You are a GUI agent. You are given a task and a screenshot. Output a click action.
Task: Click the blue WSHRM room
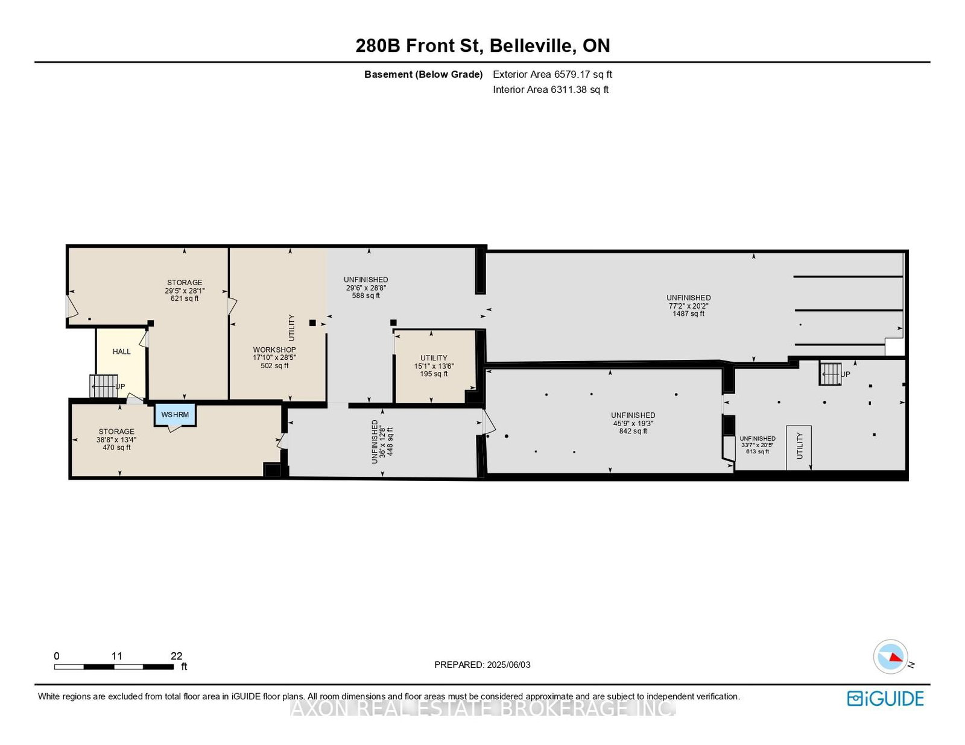(x=175, y=415)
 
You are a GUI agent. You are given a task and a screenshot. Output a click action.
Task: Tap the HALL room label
(x=122, y=351)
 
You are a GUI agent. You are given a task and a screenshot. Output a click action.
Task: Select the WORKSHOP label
(x=274, y=350)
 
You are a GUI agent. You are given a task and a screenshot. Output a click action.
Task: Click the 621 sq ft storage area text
(x=185, y=298)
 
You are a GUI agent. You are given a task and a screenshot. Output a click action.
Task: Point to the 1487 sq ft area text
(x=688, y=313)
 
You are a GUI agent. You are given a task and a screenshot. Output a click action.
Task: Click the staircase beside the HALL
(x=104, y=386)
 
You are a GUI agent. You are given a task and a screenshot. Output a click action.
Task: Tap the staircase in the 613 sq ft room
(x=831, y=374)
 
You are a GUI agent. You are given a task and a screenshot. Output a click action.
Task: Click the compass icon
(x=890, y=656)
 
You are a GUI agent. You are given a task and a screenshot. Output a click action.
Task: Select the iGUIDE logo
(x=885, y=699)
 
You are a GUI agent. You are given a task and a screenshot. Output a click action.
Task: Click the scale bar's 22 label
(x=176, y=656)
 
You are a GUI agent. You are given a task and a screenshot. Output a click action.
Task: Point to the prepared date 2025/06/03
(x=508, y=665)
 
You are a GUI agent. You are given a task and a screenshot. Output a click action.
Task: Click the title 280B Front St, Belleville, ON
(x=482, y=46)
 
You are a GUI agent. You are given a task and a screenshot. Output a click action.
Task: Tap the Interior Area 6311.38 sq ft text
(x=551, y=90)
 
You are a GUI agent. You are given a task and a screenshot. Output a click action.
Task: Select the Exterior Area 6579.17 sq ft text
(x=552, y=75)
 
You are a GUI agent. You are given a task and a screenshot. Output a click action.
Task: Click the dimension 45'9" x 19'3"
(x=633, y=423)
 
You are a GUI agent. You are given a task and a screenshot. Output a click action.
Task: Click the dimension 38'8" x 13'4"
(x=116, y=440)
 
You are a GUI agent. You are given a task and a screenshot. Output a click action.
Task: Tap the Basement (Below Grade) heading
(x=423, y=75)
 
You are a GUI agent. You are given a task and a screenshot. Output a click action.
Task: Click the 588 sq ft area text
(x=366, y=296)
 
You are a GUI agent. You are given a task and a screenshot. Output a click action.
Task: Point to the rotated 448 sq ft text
(x=390, y=441)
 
